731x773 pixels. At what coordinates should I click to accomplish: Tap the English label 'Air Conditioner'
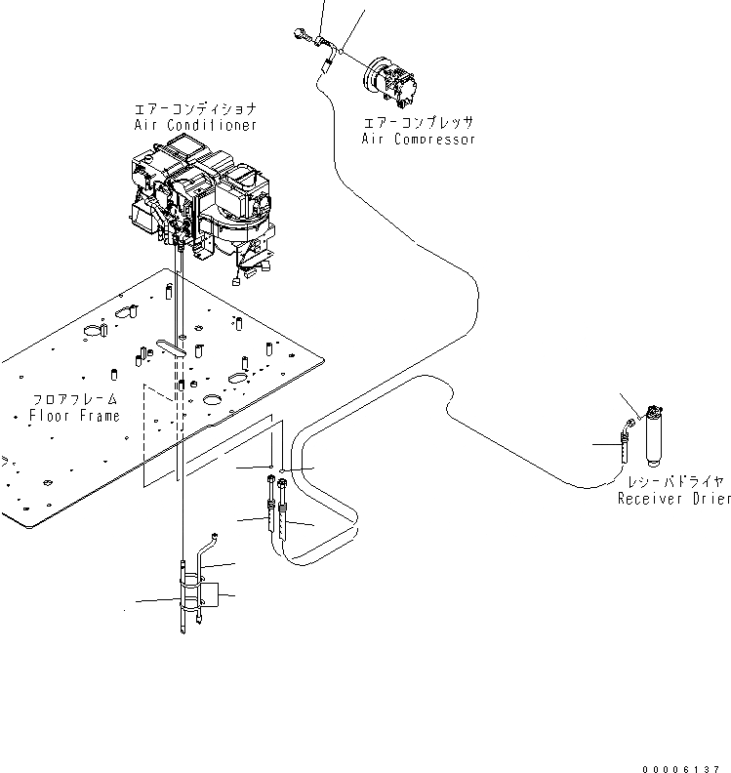[195, 125]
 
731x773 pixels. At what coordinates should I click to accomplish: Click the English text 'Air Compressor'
[419, 140]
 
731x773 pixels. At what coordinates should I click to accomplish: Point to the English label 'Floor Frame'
[74, 416]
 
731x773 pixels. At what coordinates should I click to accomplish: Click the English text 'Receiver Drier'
[673, 499]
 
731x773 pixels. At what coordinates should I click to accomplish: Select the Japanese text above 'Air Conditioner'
[195, 110]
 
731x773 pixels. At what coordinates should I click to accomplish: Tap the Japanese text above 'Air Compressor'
[419, 124]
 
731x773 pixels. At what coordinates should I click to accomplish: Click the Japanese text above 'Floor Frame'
[74, 400]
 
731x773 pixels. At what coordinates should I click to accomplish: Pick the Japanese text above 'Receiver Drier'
[673, 483]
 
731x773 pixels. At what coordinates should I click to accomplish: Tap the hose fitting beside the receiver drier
[621, 441]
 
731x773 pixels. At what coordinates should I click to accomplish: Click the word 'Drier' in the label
[710, 499]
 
